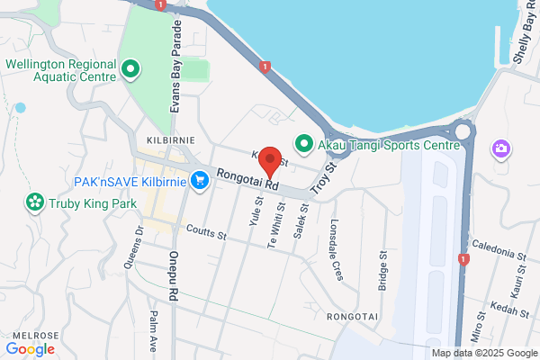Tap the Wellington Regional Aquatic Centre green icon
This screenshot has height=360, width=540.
point(130,67)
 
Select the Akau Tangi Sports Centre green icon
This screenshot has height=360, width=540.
point(304,142)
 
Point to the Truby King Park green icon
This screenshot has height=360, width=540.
point(35,202)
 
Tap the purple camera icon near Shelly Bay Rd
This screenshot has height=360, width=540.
point(500,148)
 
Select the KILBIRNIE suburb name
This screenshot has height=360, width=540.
point(165,141)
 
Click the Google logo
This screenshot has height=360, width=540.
point(31,348)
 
